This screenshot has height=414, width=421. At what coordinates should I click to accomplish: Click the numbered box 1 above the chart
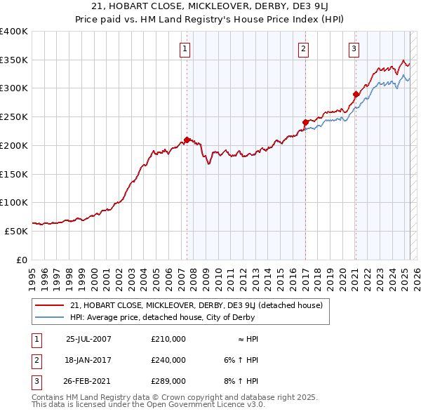(185, 48)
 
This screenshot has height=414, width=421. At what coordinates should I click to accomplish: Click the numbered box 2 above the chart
(303, 48)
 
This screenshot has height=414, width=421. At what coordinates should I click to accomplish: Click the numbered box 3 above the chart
(353, 48)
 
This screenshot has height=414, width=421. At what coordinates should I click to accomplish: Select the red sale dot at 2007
(187, 140)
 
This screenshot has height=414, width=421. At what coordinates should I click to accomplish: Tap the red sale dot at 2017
(305, 122)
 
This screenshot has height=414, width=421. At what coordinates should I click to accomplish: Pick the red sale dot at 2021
(356, 94)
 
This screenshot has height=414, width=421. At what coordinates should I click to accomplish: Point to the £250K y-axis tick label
(14, 117)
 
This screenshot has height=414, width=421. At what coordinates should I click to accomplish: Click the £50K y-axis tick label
(17, 231)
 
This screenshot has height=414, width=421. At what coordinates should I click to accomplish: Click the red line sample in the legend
(48, 305)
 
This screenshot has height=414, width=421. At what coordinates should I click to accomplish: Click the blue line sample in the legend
(48, 317)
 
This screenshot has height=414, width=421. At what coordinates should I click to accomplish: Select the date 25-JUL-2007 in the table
(88, 339)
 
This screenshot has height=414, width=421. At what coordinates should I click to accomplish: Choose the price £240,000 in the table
(168, 360)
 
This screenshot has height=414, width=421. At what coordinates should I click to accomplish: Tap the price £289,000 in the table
(168, 382)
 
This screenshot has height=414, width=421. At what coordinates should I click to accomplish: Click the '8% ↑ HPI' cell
(241, 382)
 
